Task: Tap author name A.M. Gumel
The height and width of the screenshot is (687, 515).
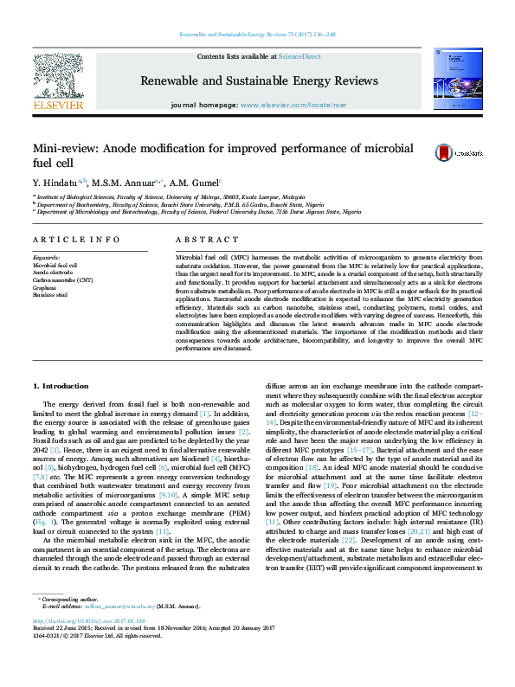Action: tap(196, 183)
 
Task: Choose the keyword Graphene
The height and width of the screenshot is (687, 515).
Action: tap(45, 287)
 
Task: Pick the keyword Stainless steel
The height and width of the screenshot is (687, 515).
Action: tap(50, 295)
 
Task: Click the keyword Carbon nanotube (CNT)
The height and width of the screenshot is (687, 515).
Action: tap(61, 280)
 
